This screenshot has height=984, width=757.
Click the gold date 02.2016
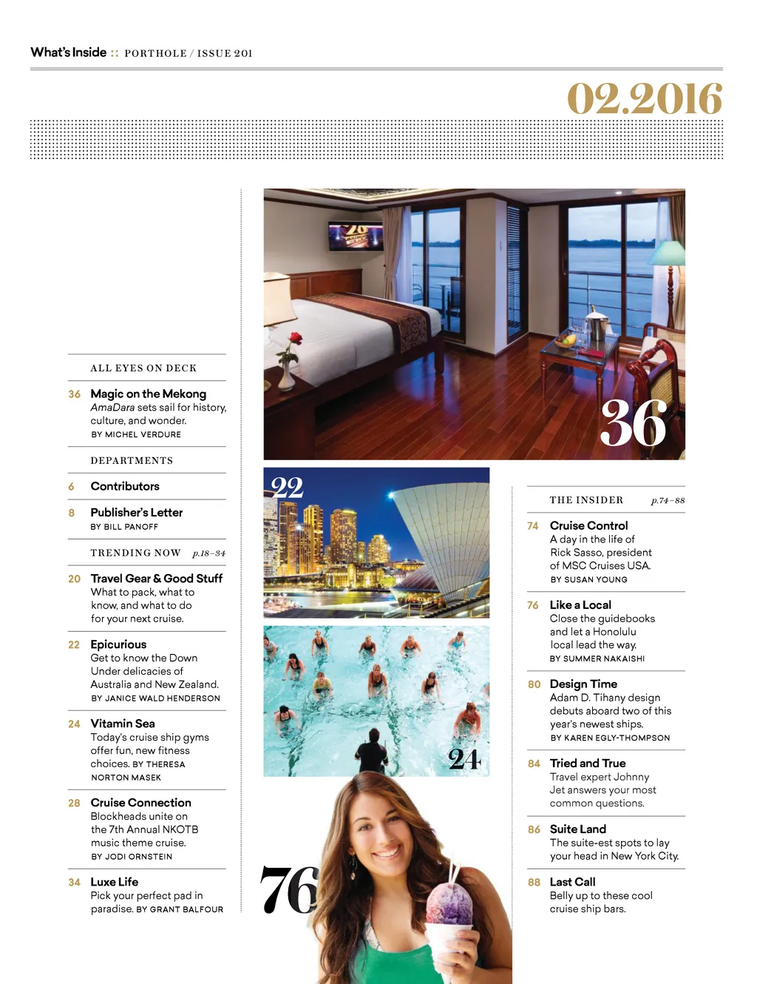click(644, 99)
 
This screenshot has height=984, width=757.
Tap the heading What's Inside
click(69, 53)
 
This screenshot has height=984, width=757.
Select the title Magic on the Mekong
click(148, 394)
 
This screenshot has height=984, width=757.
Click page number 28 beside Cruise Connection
click(74, 803)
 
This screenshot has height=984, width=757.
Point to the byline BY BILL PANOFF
click(124, 527)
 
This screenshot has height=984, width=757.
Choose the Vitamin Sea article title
click(123, 724)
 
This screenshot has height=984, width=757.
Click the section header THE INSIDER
click(586, 500)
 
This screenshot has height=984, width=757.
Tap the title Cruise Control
click(588, 525)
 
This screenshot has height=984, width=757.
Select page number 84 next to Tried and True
click(534, 764)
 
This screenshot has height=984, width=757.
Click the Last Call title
click(572, 882)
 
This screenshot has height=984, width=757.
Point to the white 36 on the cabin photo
click(634, 424)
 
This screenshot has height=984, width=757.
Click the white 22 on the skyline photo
click(288, 487)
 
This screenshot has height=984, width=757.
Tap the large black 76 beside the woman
click(289, 890)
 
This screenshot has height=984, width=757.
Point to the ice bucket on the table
click(596, 323)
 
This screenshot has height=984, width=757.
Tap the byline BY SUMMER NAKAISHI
click(597, 658)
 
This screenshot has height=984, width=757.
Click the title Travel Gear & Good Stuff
click(156, 579)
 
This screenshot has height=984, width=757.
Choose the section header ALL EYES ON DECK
click(143, 368)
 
